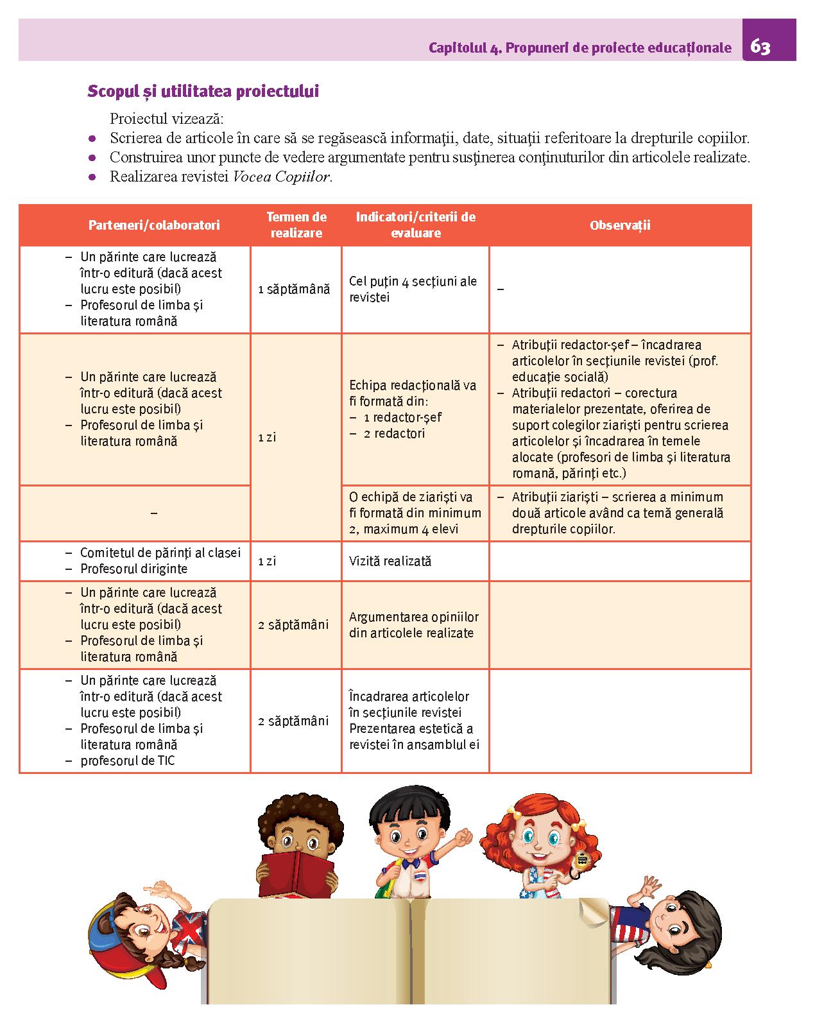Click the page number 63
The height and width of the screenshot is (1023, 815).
click(x=760, y=47)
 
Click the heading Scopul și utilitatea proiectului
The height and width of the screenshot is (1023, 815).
click(x=203, y=91)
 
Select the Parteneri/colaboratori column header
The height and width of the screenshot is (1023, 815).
click(x=154, y=225)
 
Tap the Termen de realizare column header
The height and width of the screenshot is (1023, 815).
click(x=296, y=225)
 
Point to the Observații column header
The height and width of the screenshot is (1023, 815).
click(x=620, y=225)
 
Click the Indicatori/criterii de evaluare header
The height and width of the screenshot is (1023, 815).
click(x=415, y=225)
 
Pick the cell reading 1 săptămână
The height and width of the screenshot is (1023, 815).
click(x=294, y=289)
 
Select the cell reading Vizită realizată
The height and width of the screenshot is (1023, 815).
click(x=390, y=562)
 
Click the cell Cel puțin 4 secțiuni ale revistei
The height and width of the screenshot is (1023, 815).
click(x=413, y=289)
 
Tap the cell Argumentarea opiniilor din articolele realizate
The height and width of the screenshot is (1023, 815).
click(x=414, y=625)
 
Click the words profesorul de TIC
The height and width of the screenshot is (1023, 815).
click(x=127, y=761)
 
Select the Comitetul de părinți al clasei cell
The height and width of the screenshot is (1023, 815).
click(x=160, y=553)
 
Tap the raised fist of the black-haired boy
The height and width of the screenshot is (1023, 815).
click(x=462, y=836)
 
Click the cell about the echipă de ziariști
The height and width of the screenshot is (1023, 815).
click(x=415, y=513)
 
